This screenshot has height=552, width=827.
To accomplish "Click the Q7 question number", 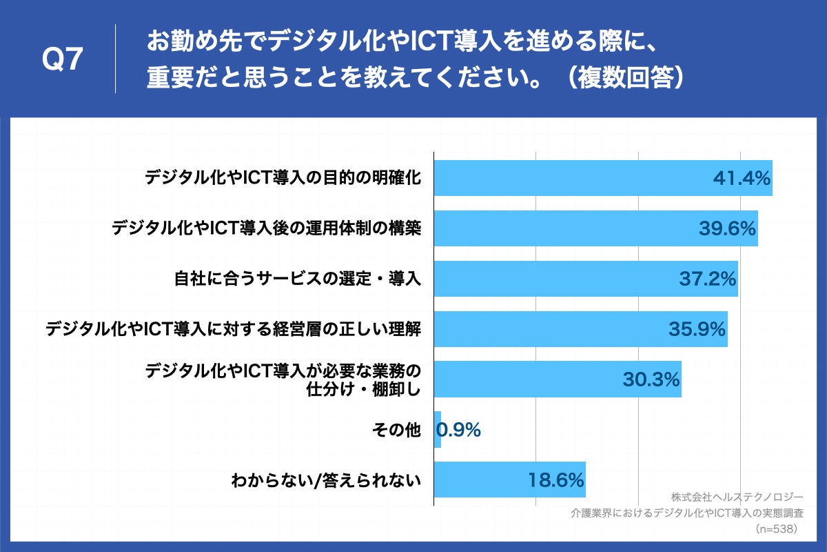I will tap(63, 61).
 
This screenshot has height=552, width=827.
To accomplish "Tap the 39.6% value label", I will tap(727, 228).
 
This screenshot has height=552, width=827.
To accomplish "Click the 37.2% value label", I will tap(708, 279).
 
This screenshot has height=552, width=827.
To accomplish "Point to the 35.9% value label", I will tap(697, 329).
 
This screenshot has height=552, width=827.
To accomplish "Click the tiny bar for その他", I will tap(438, 429).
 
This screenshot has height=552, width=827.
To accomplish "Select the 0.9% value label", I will tap(459, 430).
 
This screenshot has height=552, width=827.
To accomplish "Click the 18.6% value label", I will tap(556, 480).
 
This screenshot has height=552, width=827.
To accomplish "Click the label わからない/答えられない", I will tap(325, 480).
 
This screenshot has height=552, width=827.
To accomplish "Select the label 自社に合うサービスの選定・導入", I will tap(296, 279).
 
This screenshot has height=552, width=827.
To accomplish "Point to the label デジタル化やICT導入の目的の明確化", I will tap(283, 178).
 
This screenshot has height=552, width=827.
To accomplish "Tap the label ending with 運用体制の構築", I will tap(266, 228).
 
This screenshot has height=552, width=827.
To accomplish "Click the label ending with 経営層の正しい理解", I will tap(233, 329).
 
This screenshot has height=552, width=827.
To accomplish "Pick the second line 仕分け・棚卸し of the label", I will tap(363, 389).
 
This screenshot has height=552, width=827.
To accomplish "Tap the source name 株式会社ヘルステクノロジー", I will tap(737, 497).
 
